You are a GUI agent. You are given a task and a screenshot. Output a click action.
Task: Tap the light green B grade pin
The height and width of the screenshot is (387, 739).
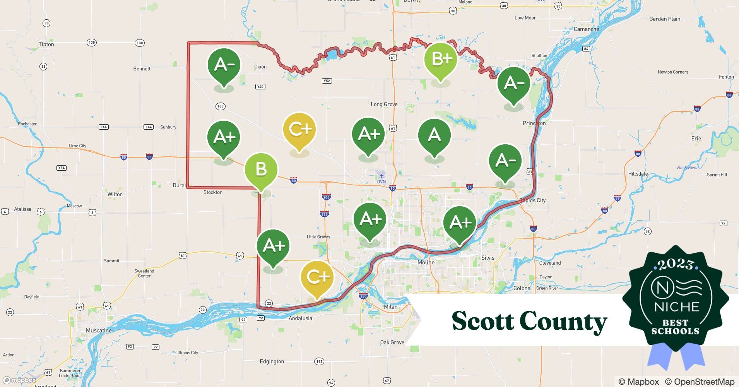261,170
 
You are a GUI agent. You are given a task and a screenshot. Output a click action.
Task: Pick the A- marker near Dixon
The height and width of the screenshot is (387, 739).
224,65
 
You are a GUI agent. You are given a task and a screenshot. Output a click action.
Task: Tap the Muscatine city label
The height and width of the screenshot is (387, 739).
99,330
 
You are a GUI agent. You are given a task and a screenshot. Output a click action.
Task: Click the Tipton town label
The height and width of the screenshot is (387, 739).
46,44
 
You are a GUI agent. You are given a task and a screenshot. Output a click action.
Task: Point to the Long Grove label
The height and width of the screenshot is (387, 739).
384,104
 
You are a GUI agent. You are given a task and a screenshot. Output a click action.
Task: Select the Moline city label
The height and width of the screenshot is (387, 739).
426,262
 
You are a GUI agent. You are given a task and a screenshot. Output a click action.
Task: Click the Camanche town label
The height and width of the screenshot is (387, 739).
586,29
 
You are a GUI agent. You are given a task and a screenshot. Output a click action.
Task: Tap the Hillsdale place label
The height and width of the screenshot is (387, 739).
638,174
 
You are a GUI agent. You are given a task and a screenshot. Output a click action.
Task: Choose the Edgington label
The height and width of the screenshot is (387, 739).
272,361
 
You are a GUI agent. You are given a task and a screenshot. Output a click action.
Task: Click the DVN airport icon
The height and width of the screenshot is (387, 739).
381,176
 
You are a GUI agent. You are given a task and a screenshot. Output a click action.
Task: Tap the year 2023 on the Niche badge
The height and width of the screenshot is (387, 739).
676,265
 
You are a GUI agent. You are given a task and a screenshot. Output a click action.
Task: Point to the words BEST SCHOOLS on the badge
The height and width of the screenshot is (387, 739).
676,327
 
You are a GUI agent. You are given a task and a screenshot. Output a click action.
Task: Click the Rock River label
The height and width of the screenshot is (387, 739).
688,168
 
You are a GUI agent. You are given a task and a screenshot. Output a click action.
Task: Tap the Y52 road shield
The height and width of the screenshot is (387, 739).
327,81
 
